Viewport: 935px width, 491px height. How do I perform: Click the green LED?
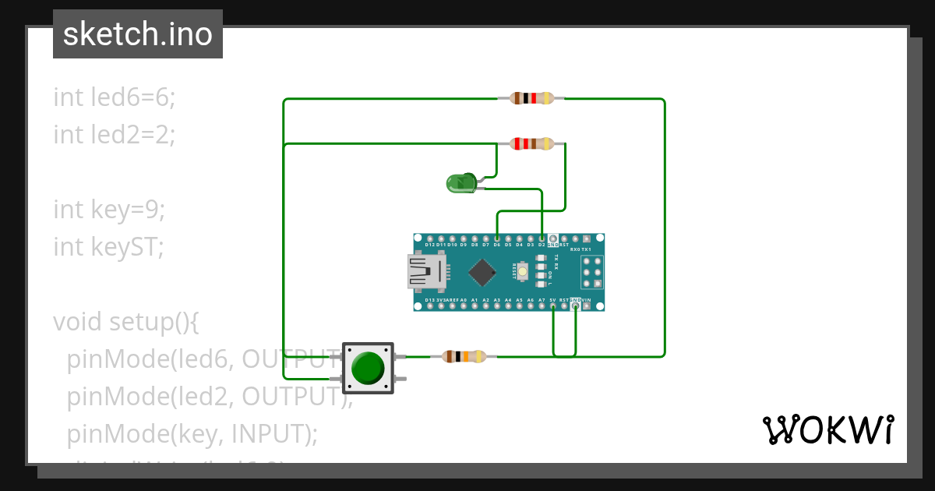tap(460, 183)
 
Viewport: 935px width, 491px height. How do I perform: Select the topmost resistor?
tap(531, 98)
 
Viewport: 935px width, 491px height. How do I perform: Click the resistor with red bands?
tap(531, 143)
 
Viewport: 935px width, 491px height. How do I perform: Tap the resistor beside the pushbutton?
tap(464, 356)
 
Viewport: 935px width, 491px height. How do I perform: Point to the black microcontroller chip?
tap(483, 272)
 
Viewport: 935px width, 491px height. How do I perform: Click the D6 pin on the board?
tap(497, 238)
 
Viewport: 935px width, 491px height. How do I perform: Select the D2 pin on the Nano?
tap(542, 238)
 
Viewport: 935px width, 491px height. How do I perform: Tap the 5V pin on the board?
tap(553, 306)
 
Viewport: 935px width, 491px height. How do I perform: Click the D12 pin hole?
tap(430, 238)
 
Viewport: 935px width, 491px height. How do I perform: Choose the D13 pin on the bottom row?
tap(430, 306)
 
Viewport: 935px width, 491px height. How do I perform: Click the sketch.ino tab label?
tap(138, 34)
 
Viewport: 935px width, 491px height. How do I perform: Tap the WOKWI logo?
tap(827, 429)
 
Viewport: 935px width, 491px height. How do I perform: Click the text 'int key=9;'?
tap(109, 209)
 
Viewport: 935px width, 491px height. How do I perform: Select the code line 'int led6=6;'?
tap(115, 97)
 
